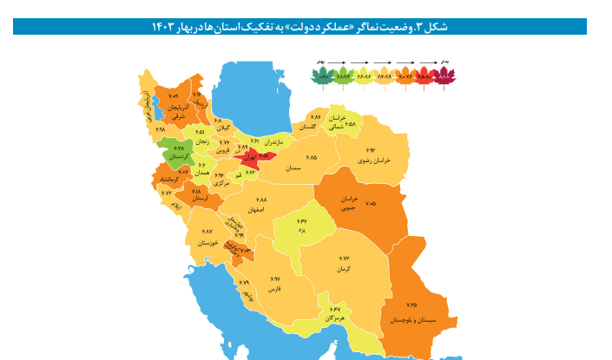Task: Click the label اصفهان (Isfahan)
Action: click(254, 209)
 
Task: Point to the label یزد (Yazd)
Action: click(302, 232)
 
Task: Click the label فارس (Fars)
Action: click(275, 287)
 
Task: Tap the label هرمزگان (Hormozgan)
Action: click(337, 318)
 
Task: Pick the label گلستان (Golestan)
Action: click(307, 127)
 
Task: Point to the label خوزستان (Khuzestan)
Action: click(207, 244)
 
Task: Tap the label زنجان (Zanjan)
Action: click(201, 141)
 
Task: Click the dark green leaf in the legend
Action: click(323, 76)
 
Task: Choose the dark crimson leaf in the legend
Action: click(445, 76)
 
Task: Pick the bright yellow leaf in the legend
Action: click(365, 76)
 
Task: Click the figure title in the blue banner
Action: click(299, 27)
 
